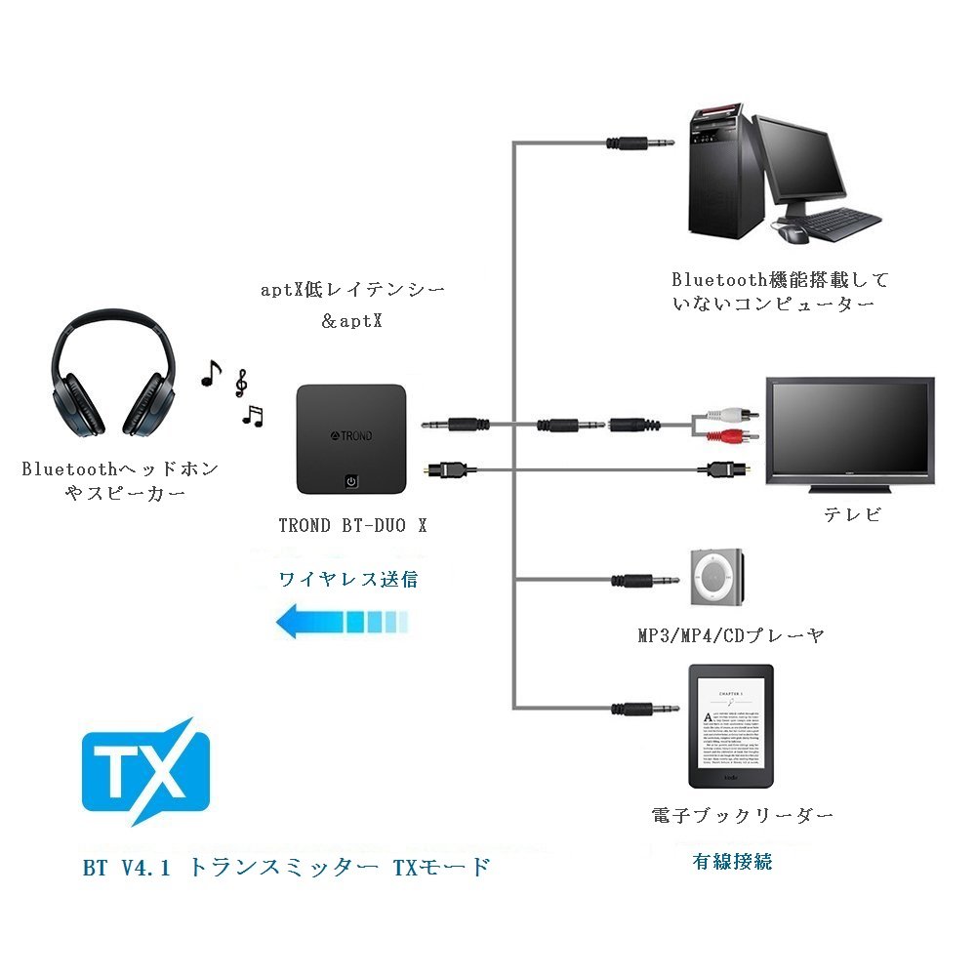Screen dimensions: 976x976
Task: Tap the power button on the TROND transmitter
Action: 352,481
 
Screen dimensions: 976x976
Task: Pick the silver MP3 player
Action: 717,579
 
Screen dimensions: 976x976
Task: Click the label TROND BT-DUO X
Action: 352,525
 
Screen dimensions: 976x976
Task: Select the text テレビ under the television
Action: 852,514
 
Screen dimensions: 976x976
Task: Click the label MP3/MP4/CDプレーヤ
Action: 731,635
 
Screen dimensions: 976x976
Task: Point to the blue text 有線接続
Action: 732,861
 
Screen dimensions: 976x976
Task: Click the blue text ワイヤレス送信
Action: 348,579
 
